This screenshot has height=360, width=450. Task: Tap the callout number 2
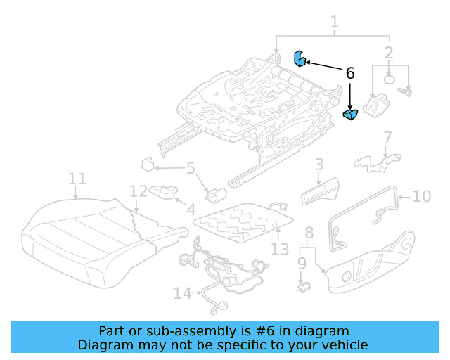point(389,52)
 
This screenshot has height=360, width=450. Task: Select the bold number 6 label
point(349,73)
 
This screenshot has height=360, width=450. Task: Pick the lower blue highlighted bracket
point(351,114)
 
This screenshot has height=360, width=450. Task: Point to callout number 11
point(77,179)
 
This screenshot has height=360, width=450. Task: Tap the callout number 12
point(139,192)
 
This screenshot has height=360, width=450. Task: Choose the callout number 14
point(181,293)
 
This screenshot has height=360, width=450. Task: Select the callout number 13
point(280,249)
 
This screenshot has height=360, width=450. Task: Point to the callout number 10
point(421,196)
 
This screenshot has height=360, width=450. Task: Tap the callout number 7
point(387,136)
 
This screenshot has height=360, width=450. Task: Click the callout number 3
point(319,165)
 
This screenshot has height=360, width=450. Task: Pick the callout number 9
point(302,264)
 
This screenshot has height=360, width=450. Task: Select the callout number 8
point(309,233)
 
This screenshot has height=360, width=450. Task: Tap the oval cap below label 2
point(391,79)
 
